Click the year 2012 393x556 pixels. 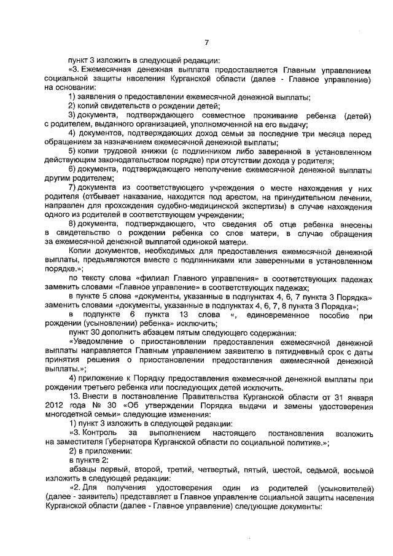point(55,406)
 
